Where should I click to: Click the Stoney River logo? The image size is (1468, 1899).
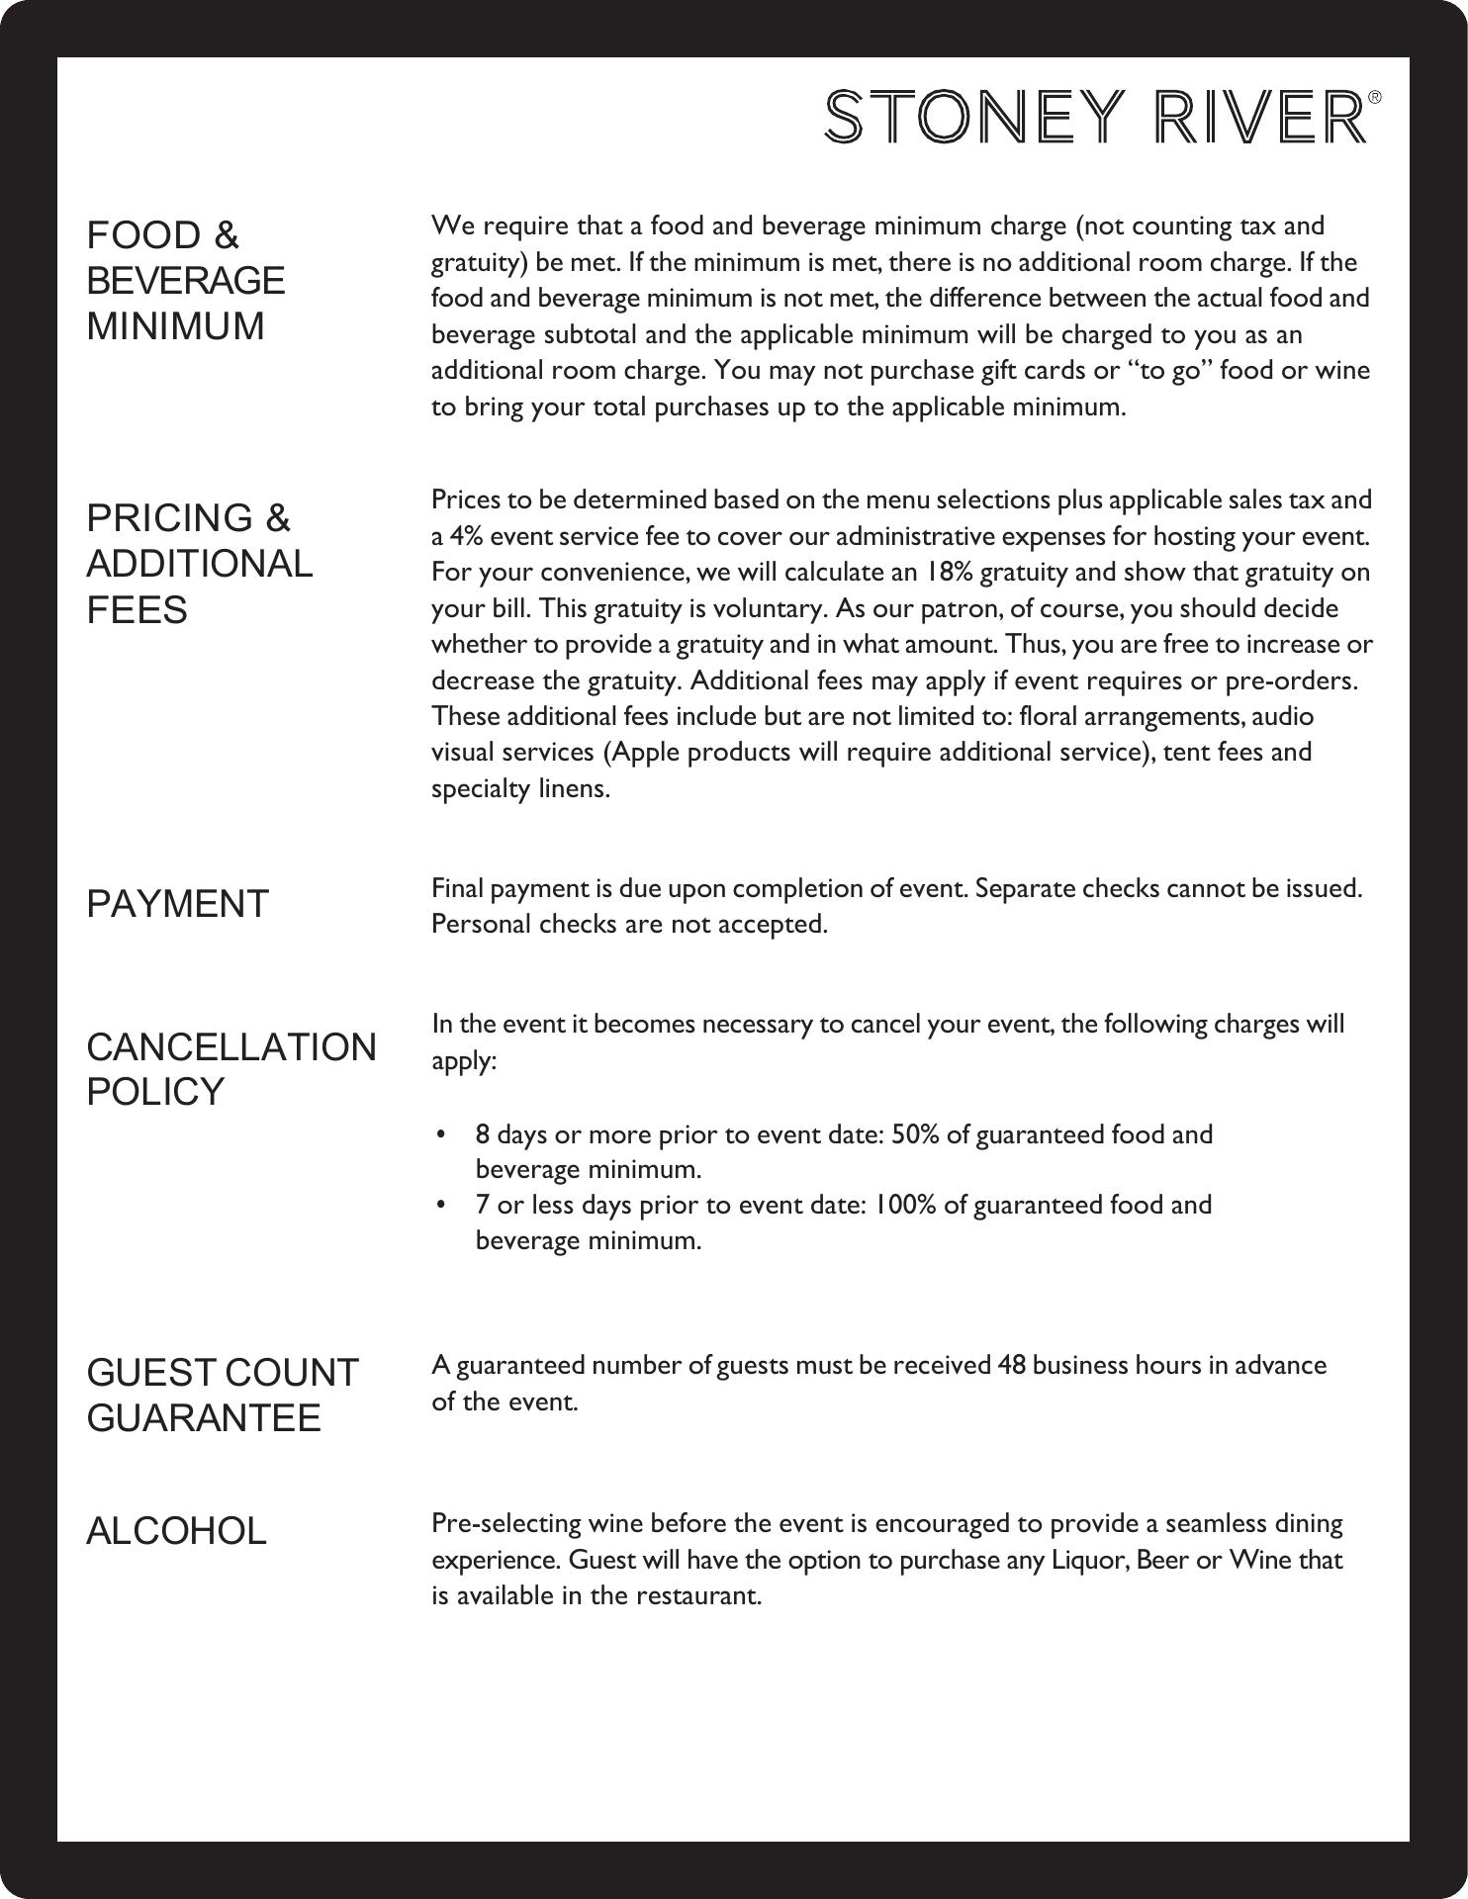click(x=1096, y=117)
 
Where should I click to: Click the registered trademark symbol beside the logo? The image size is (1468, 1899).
click(x=1374, y=98)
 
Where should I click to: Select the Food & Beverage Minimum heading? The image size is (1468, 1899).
click(x=186, y=281)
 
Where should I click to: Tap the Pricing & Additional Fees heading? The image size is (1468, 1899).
click(x=200, y=564)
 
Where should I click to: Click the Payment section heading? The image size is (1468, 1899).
click(x=178, y=904)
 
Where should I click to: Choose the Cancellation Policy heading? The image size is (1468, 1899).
click(x=231, y=1069)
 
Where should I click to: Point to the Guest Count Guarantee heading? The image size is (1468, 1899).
click(x=223, y=1396)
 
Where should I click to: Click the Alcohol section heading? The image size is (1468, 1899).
click(x=177, y=1531)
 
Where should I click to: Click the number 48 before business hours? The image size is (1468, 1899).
click(x=1011, y=1366)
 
